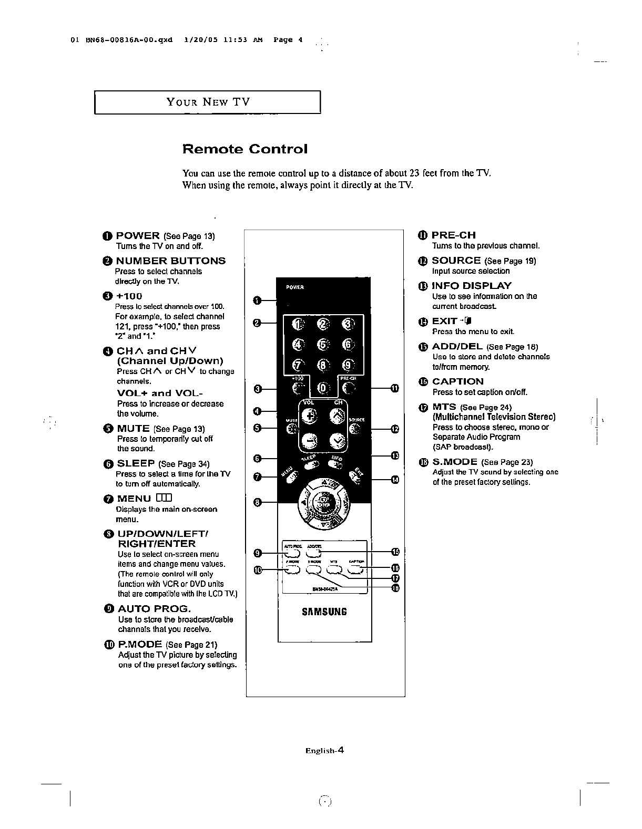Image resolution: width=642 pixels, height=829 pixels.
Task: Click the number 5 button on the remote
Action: (323, 344)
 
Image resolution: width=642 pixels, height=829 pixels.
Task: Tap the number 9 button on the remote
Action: (348, 365)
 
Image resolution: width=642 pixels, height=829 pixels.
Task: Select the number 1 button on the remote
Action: (299, 324)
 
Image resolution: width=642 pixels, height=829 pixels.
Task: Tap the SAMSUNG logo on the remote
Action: (324, 612)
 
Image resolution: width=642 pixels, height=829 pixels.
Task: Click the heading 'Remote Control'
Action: (244, 149)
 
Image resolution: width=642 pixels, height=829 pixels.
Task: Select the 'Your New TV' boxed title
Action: (208, 102)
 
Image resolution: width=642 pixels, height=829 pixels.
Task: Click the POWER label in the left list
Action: (137, 236)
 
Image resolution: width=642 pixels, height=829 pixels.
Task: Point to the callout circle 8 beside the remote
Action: (258, 502)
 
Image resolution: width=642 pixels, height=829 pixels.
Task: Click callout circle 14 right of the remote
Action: (395, 479)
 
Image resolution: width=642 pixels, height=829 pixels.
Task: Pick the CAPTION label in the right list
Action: (457, 382)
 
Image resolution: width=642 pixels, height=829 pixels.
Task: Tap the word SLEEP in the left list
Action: (136, 463)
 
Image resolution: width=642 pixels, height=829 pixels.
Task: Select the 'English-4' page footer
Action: (324, 751)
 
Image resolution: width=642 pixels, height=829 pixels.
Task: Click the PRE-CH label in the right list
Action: (454, 235)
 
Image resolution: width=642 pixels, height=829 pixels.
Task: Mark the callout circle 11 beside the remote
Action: (395, 389)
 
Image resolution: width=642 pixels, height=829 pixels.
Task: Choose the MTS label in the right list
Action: (444, 407)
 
